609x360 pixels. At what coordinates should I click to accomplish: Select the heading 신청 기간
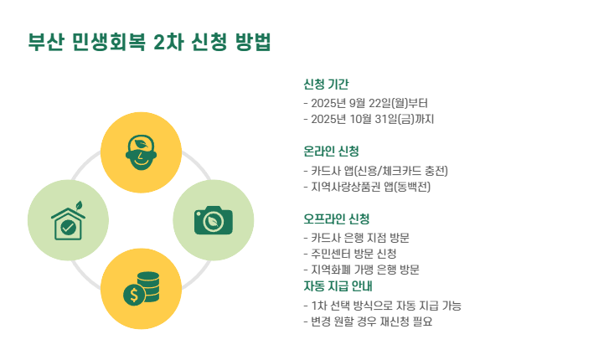pyautogui.click(x=326, y=85)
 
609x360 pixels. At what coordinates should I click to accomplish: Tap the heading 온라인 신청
pyautogui.click(x=331, y=152)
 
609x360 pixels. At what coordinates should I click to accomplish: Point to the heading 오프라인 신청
pyautogui.click(x=336, y=219)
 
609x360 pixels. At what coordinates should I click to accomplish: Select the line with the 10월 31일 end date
pyautogui.click(x=369, y=119)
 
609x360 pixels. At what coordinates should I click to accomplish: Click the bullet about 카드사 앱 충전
pyautogui.click(x=376, y=171)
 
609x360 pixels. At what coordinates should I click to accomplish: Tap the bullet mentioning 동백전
pyautogui.click(x=368, y=186)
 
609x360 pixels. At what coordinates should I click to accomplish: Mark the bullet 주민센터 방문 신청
pyautogui.click(x=349, y=254)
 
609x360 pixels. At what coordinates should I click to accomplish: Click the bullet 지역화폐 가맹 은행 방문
pyautogui.click(x=361, y=270)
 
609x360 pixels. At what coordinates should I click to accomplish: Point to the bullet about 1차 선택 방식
pyautogui.click(x=382, y=306)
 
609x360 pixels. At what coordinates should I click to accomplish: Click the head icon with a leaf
pyautogui.click(x=141, y=152)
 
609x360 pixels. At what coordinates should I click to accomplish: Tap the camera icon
pyautogui.click(x=213, y=220)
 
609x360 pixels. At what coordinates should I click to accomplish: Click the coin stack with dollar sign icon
pyautogui.click(x=141, y=289)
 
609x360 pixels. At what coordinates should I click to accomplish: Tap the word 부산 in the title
pyautogui.click(x=46, y=43)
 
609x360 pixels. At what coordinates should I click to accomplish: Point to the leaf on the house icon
pyautogui.click(x=79, y=204)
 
